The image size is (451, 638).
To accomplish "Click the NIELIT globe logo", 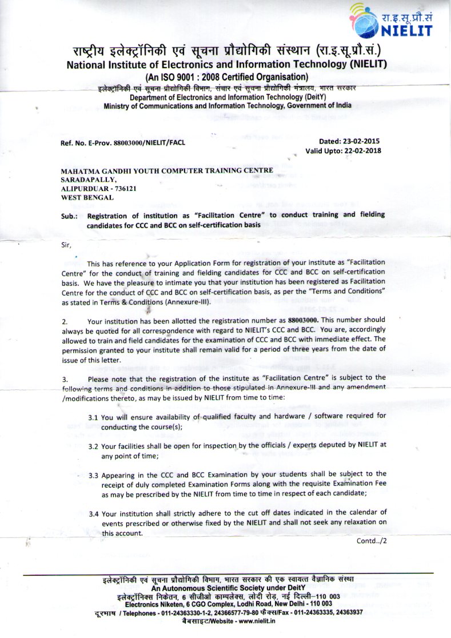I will [x=369, y=22].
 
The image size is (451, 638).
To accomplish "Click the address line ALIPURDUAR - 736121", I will [x=98, y=188].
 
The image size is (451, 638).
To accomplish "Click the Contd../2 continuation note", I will [x=372, y=541].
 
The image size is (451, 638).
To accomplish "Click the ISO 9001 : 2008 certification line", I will [x=227, y=77].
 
